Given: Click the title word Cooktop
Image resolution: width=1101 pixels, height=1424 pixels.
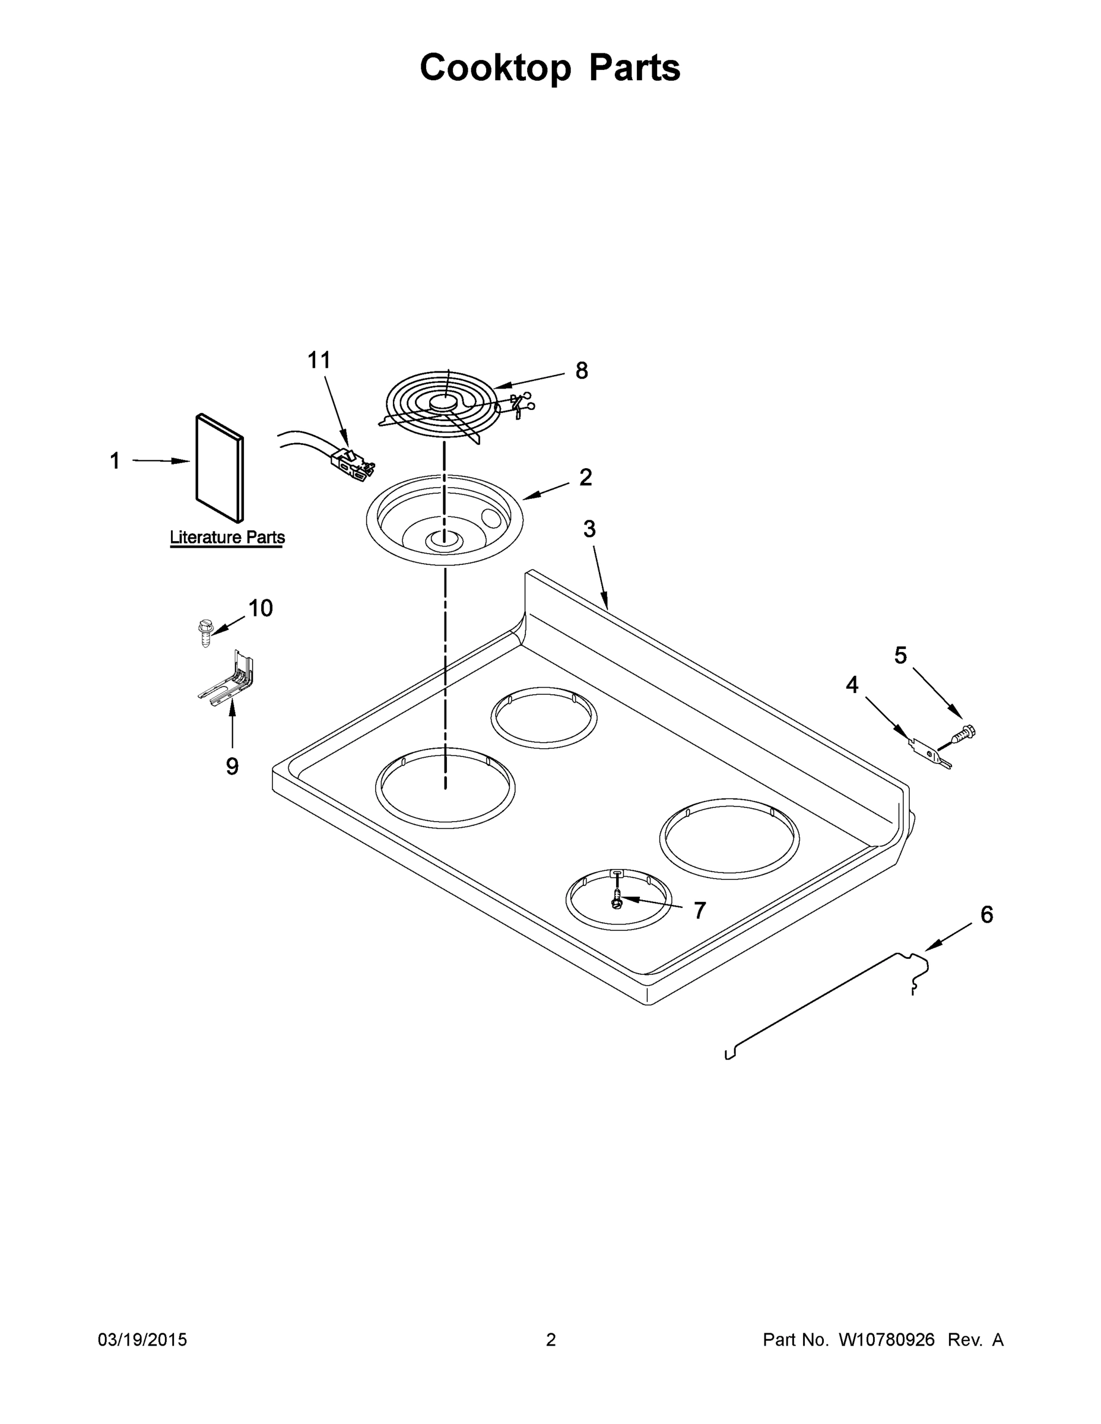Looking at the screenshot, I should (494, 68).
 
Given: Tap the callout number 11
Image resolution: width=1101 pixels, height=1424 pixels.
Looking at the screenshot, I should (319, 360).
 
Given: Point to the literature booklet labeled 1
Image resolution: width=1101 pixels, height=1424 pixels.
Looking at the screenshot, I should (219, 468).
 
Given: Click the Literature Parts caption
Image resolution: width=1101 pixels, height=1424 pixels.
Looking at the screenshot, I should (227, 538).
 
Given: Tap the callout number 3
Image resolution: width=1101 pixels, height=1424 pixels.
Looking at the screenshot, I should (589, 529).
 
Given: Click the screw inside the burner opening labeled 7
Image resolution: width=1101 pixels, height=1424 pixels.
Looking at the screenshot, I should (615, 899).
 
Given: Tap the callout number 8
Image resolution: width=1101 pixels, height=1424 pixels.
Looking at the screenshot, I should (581, 370).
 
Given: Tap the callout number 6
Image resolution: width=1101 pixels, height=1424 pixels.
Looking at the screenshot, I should (987, 915).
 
